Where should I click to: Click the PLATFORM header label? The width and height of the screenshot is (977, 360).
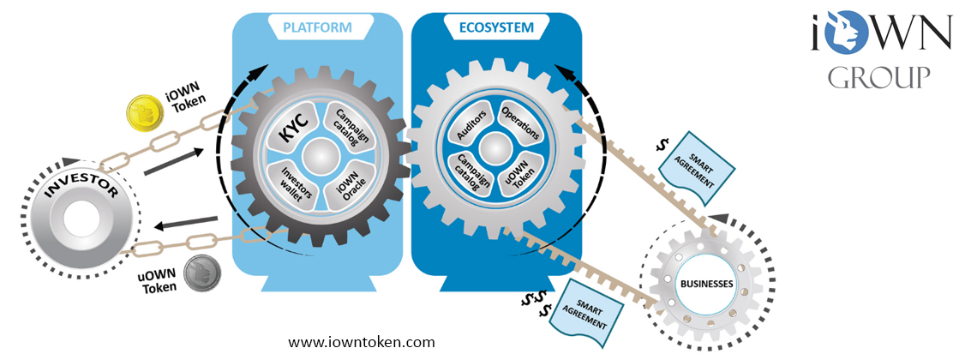317,27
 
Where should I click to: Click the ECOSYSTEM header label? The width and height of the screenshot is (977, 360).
494,27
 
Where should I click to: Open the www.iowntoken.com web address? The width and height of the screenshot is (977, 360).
361,341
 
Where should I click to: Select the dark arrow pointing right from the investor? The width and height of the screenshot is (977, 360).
173,159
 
